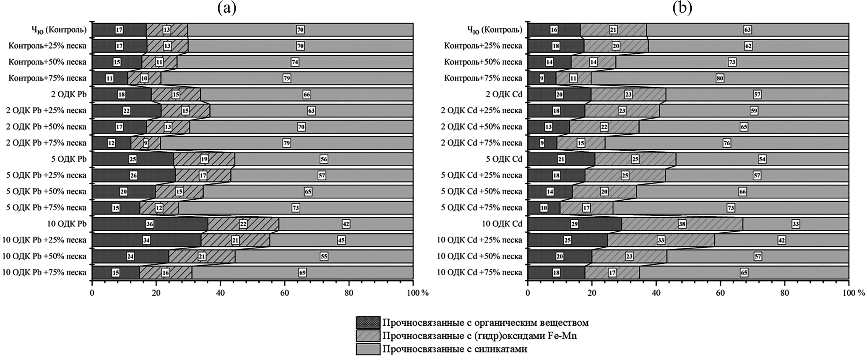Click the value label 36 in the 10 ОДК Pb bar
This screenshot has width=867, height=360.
[150, 224]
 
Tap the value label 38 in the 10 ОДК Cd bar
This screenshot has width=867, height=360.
[682, 224]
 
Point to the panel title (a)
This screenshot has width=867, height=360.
[227, 8]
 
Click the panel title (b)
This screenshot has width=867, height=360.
[682, 8]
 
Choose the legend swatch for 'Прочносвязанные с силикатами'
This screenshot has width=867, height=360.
[368, 349]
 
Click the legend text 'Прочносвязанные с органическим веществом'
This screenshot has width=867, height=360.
[485, 323]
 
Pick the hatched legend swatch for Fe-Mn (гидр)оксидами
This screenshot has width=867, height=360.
[368, 336]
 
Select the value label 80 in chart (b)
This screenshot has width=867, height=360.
[720, 78]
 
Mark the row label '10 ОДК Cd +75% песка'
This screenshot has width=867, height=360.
[479, 273]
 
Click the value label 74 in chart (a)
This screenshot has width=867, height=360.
[295, 62]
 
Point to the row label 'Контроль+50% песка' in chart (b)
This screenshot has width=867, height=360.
[483, 62]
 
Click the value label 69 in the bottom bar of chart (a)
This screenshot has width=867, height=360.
[302, 273]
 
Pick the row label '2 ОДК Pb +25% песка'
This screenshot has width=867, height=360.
[46, 111]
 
